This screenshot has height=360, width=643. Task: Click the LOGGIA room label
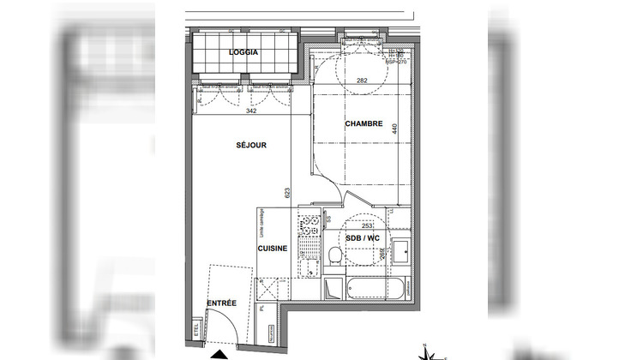(243, 53)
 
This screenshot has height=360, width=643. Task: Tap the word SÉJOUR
(251, 146)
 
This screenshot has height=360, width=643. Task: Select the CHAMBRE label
(364, 124)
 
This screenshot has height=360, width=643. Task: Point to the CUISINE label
(273, 248)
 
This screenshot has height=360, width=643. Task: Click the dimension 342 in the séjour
(252, 111)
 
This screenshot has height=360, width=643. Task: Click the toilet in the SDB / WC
(335, 255)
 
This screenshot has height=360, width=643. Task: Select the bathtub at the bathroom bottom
(369, 288)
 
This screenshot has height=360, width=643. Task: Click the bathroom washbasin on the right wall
(400, 252)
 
